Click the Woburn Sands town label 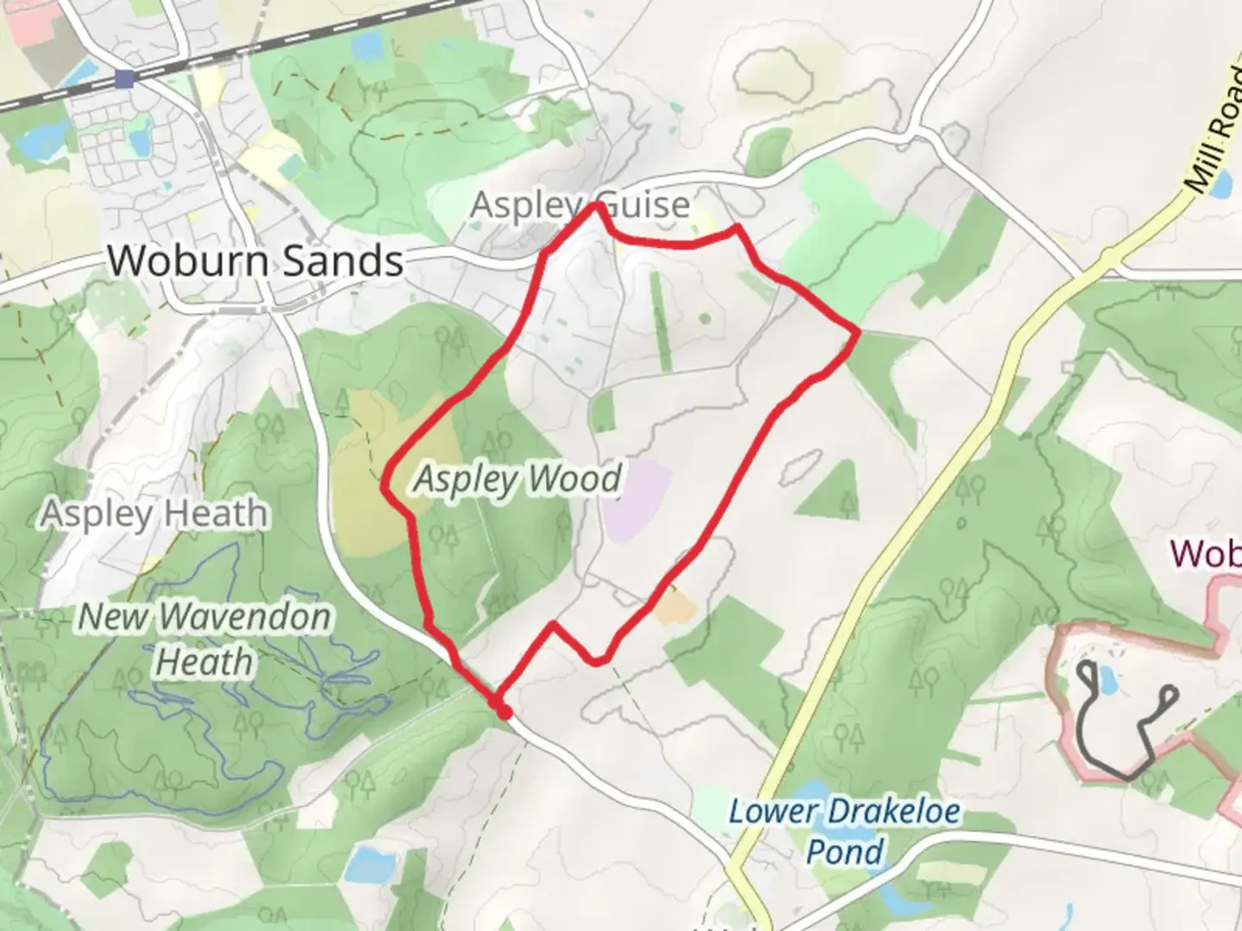point(255,260)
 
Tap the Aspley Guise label point(580,205)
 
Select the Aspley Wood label point(517,479)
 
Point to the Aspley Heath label point(154,514)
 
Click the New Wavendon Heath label point(205,639)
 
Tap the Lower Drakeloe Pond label point(844,831)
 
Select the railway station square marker point(124,79)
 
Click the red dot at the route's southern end point(503,712)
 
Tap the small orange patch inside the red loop point(675,608)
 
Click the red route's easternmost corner point(857,331)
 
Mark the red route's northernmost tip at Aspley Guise point(596,205)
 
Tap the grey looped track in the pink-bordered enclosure point(1121,724)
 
